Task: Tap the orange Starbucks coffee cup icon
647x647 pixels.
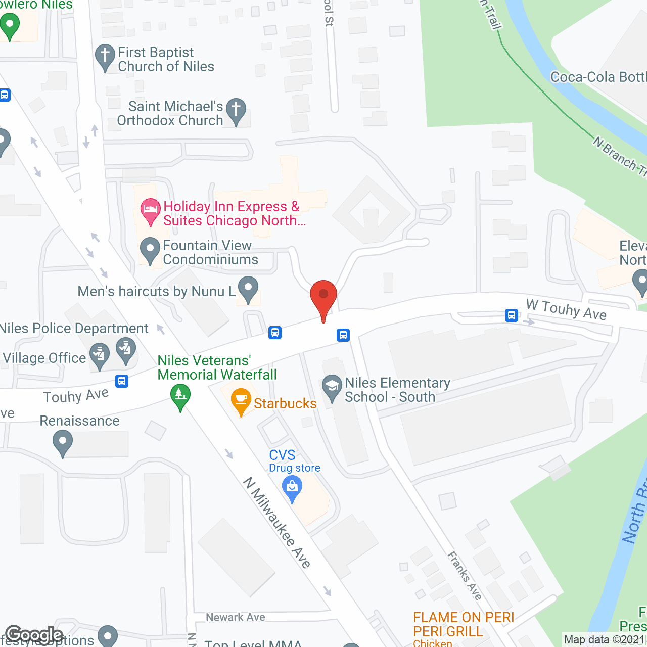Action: tap(241, 400)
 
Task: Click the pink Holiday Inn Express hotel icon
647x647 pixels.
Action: tap(150, 210)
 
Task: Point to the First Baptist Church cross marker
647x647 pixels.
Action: tap(105, 57)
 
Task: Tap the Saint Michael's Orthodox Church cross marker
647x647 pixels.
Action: tap(236, 111)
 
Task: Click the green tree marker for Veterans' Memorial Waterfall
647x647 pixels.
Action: tap(180, 395)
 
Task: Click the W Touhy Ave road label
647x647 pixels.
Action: tap(566, 309)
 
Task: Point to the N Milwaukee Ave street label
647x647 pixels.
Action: tap(277, 523)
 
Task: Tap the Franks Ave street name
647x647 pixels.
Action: tap(465, 575)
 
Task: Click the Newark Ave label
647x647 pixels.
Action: tap(235, 617)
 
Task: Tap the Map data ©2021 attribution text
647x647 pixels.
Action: tap(604, 639)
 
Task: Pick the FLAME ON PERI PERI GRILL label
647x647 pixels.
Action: tap(463, 624)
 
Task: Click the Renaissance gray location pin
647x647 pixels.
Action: tap(63, 442)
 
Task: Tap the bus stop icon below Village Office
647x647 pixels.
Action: tap(122, 381)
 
